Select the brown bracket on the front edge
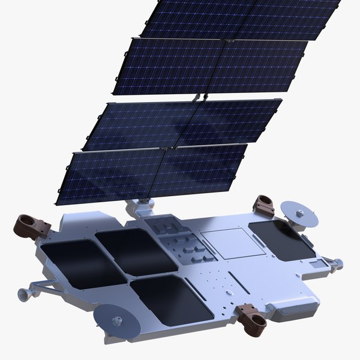tap(253, 317)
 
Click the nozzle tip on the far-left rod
tap(22, 293)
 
